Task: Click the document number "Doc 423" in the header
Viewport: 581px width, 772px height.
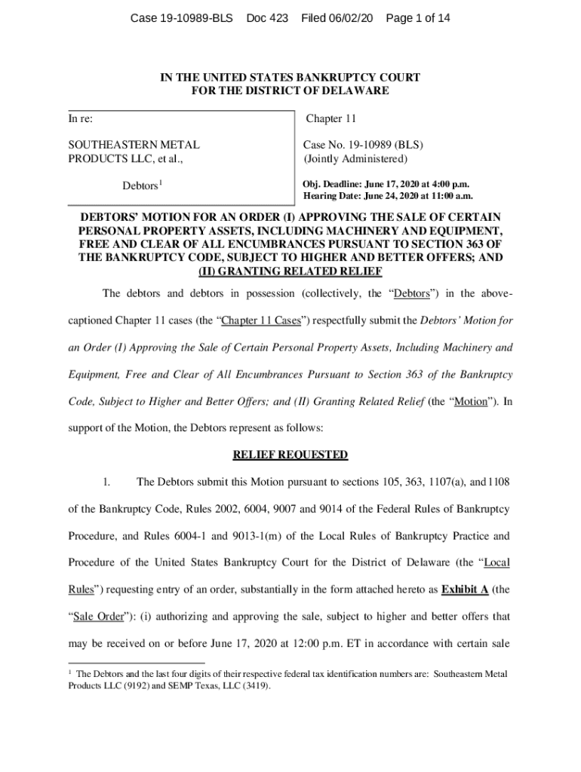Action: pos(267,17)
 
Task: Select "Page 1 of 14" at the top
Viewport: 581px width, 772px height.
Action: pos(417,17)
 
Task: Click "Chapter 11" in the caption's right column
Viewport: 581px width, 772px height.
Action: pos(330,118)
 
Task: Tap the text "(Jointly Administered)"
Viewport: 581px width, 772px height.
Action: pos(355,159)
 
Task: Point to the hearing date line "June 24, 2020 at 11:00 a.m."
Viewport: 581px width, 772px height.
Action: pos(408,196)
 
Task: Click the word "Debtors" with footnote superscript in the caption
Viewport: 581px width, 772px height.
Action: pos(141,185)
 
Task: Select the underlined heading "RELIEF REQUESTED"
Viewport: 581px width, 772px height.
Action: pos(290,455)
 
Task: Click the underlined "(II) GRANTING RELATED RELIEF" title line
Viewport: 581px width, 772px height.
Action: pos(290,271)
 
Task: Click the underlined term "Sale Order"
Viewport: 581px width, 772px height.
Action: pos(98,616)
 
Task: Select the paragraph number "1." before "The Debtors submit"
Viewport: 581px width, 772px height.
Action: pos(107,482)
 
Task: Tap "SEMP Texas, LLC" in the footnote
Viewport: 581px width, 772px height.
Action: pos(202,686)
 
